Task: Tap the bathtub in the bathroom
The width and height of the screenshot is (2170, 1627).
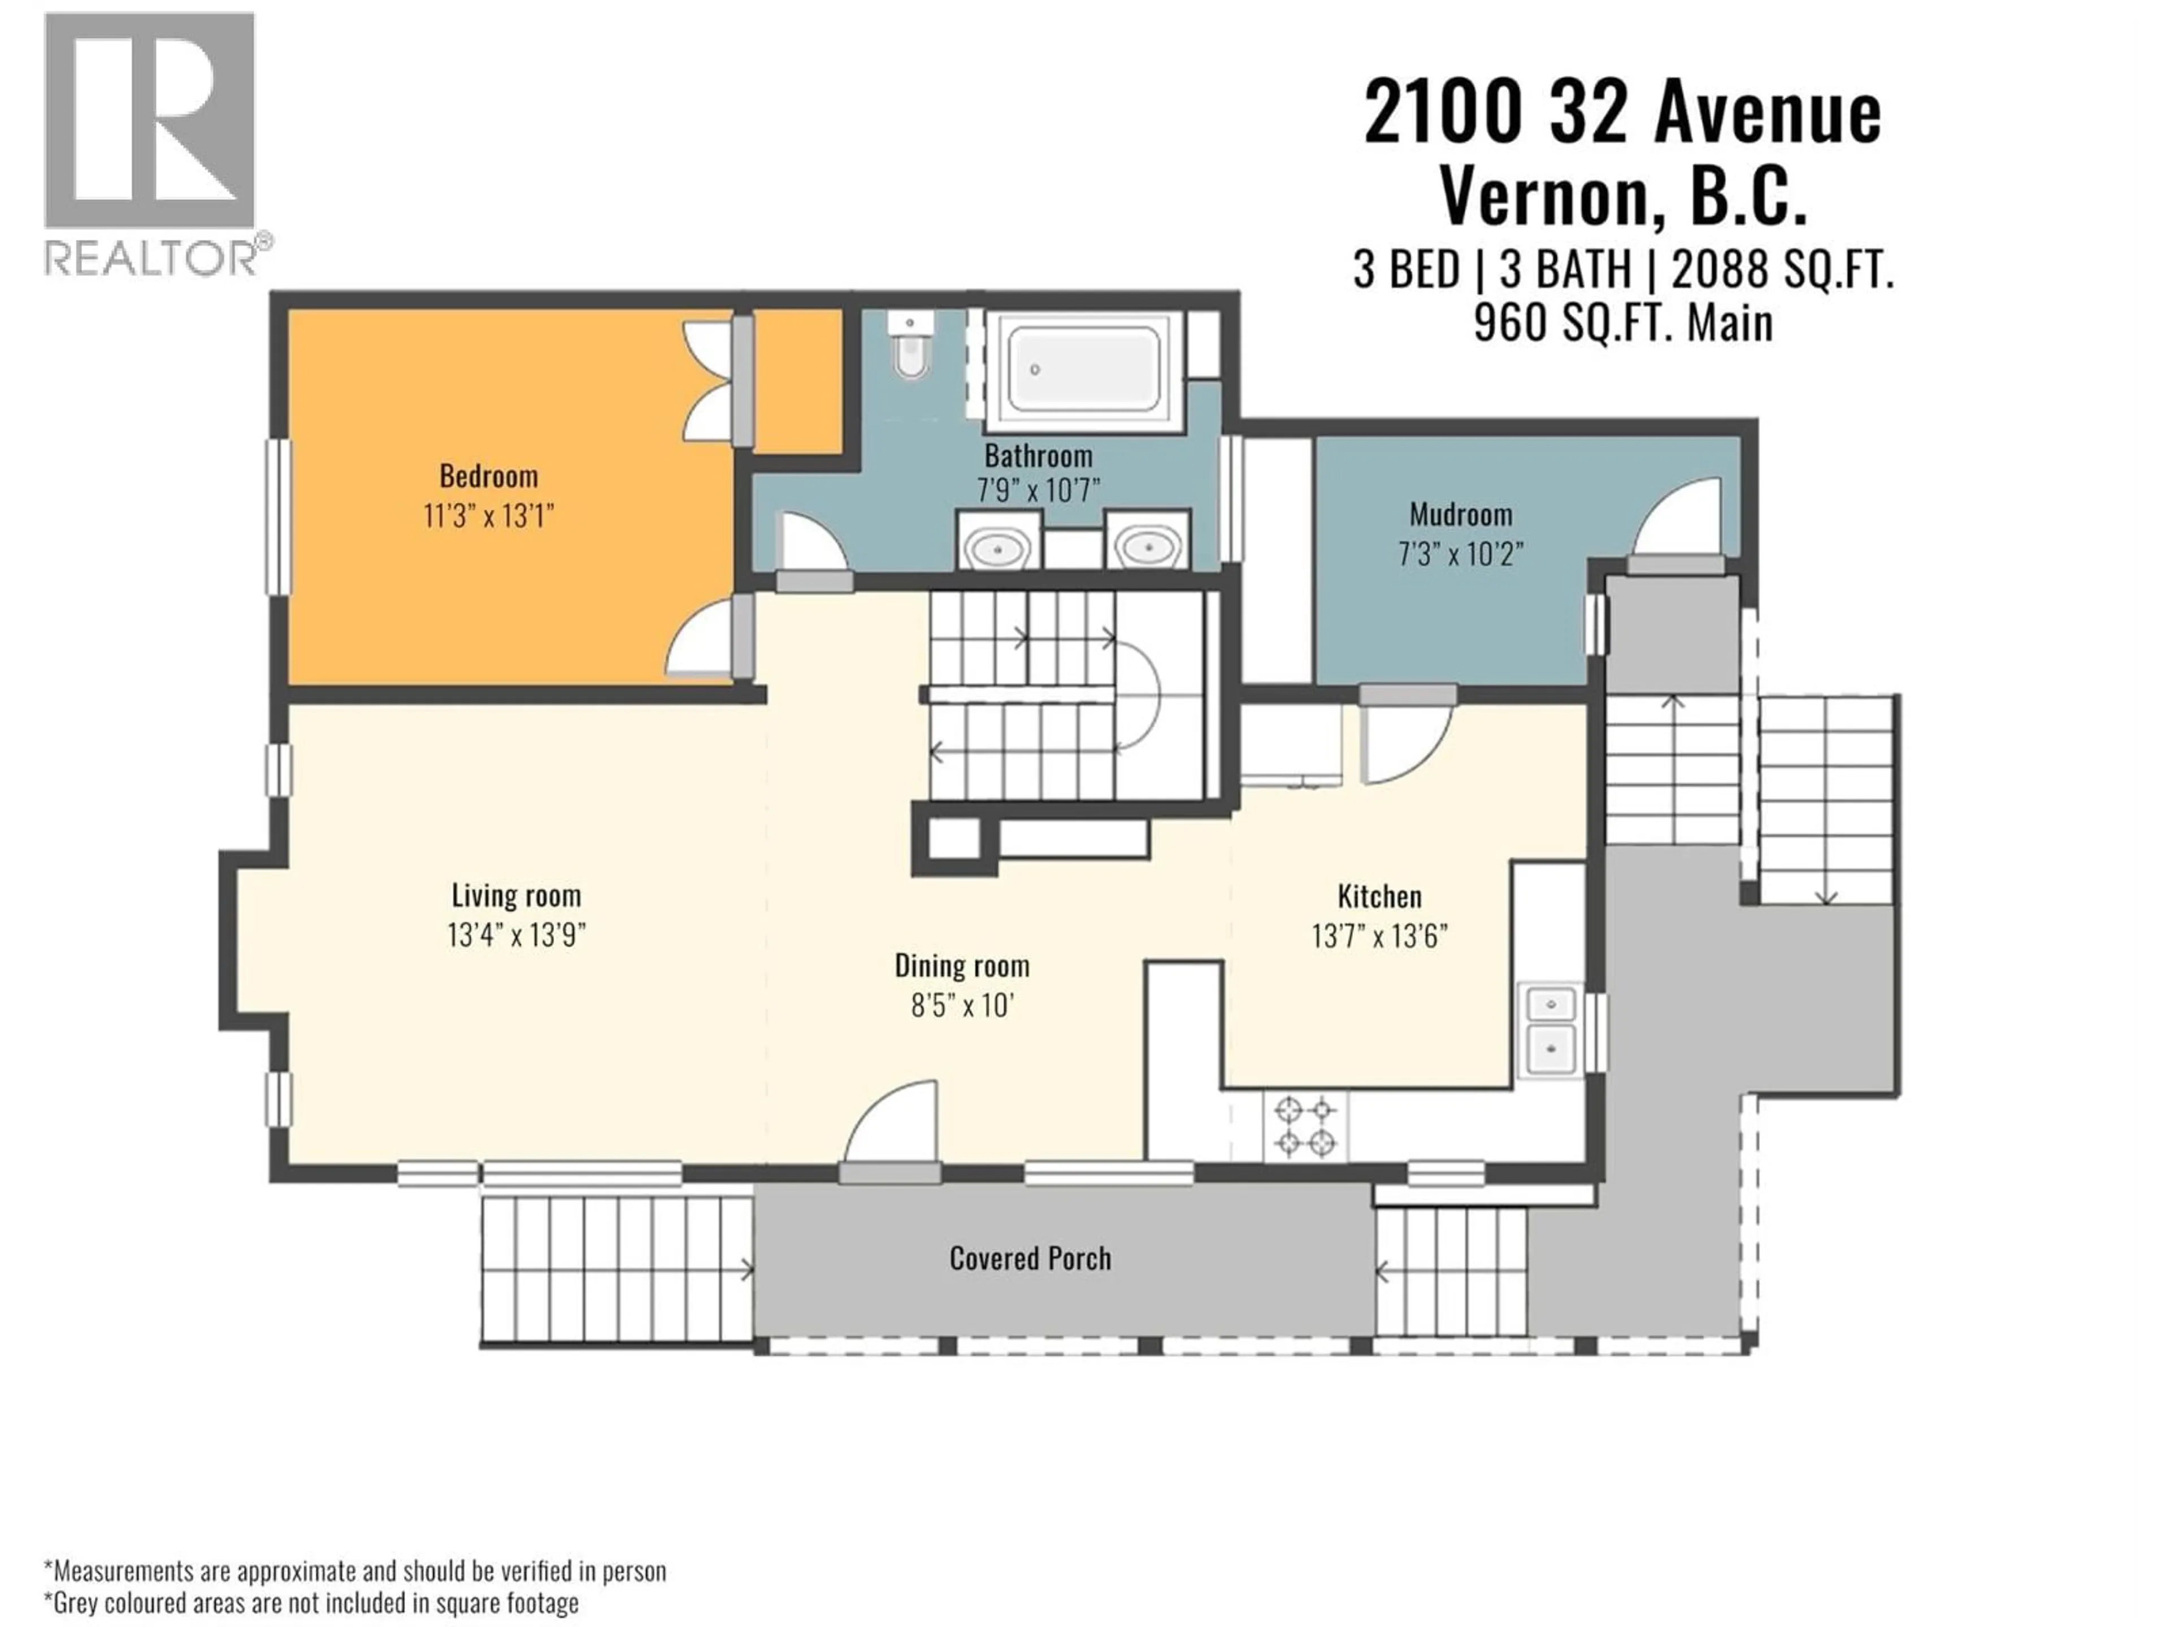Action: click(1083, 369)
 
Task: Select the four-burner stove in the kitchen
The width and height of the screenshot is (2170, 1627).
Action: click(1305, 1126)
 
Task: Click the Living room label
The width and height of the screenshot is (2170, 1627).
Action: click(516, 895)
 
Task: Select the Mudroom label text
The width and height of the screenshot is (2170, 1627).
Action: click(1460, 515)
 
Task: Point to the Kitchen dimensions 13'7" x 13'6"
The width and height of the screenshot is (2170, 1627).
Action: click(1379, 937)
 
